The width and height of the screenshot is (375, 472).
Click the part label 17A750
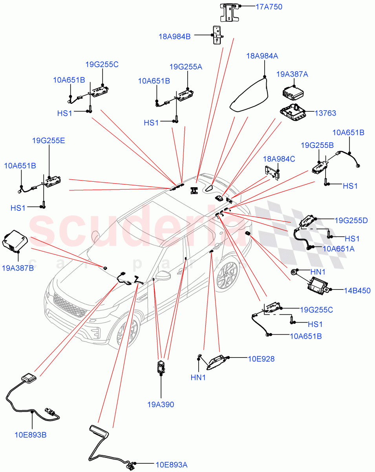269,7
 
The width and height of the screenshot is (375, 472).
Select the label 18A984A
262,56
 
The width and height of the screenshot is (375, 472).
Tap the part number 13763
325,113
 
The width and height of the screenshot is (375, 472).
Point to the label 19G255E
48,140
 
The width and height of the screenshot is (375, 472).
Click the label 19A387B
18,268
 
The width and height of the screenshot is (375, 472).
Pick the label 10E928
261,359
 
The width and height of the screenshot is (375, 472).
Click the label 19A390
161,404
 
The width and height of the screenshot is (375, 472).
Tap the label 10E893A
171,464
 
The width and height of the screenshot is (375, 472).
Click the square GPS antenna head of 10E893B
28,378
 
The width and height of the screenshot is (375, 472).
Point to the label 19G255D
351,220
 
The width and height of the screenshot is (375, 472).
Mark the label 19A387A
292,74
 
